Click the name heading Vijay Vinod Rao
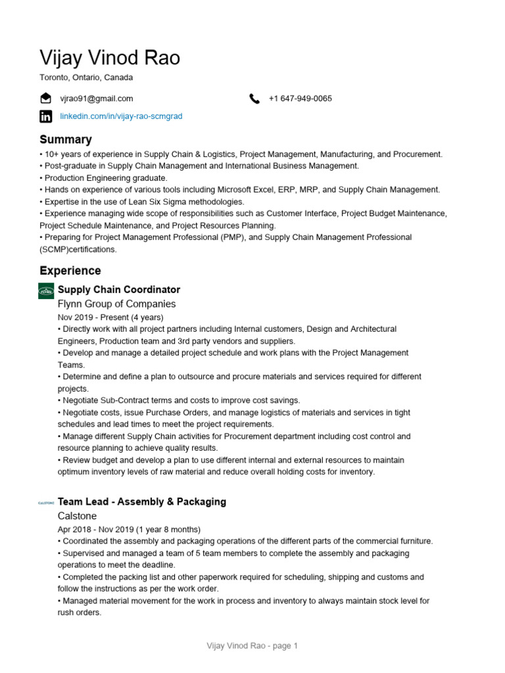coord(110,58)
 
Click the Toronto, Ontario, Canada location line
coord(86,78)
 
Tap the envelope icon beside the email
coord(45,99)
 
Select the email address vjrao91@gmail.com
coord(97,99)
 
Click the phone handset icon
coord(254,99)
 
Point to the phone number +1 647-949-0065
coord(300,99)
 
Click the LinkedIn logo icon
coord(45,116)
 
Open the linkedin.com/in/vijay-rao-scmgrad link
coord(121,116)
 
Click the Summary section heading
coord(66,139)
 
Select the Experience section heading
coord(70,271)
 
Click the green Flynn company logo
coord(46,290)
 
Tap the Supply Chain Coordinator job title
coord(119,290)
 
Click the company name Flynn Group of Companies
coord(117,304)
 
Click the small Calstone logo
coord(46,503)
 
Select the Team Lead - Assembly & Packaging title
coord(142,501)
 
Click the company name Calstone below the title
coord(77,516)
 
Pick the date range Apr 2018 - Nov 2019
coord(129,529)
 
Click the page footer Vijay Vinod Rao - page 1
coord(252,646)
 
